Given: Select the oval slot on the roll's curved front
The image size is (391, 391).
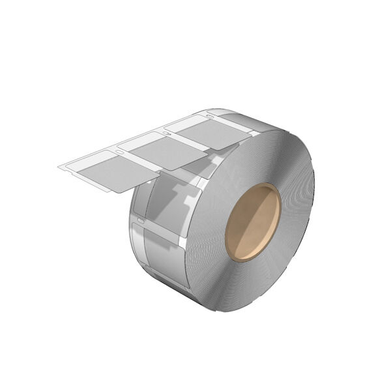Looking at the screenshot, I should pyautogui.click(x=135, y=225).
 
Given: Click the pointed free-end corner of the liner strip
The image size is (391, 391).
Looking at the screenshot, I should pyautogui.click(x=57, y=169).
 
